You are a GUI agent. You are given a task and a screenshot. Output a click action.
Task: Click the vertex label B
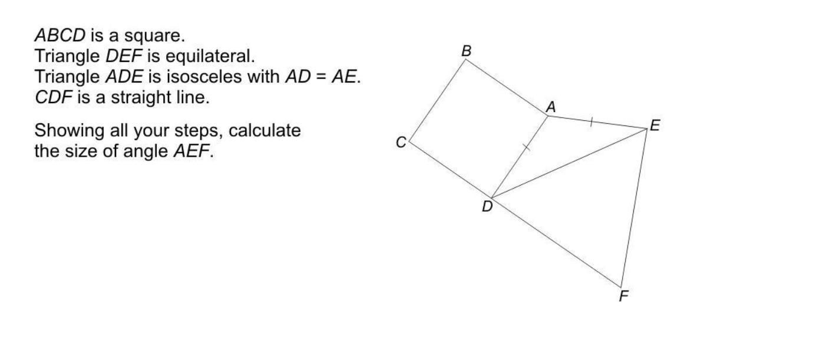tap(467, 51)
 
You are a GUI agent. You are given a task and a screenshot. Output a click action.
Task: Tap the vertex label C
tap(401, 143)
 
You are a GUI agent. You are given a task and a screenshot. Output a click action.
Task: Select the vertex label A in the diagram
tap(551, 107)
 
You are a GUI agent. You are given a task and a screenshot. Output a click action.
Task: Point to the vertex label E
tap(655, 125)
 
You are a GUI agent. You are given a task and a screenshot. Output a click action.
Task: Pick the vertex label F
tap(624, 296)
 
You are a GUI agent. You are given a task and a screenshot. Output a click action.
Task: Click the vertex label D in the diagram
tap(487, 207)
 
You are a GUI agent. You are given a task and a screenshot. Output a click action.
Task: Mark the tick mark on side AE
tap(591, 122)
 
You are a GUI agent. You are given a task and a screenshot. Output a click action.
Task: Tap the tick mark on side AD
tap(526, 148)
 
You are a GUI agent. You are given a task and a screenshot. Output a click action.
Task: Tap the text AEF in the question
tap(191, 151)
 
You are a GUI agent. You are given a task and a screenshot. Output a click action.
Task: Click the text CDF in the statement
tap(53, 98)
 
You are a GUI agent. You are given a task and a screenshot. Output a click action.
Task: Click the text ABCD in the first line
tap(60, 36)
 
